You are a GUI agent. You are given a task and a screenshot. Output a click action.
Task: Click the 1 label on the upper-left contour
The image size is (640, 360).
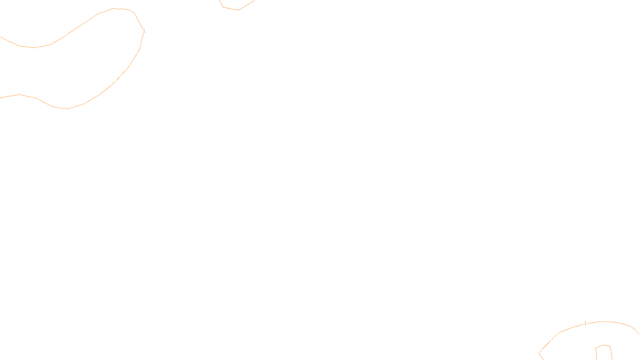(144, 31)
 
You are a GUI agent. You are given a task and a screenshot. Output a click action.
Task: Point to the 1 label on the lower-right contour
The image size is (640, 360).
(585, 323)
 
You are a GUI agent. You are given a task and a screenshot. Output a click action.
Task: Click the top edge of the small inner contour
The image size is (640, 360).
(604, 345)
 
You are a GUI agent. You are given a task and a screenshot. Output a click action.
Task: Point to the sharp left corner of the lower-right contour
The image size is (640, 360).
(539, 353)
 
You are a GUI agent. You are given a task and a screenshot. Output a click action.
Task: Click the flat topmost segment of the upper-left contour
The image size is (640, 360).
(120, 9)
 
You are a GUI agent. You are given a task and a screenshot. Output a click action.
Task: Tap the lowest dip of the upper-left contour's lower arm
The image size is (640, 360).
(68, 109)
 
